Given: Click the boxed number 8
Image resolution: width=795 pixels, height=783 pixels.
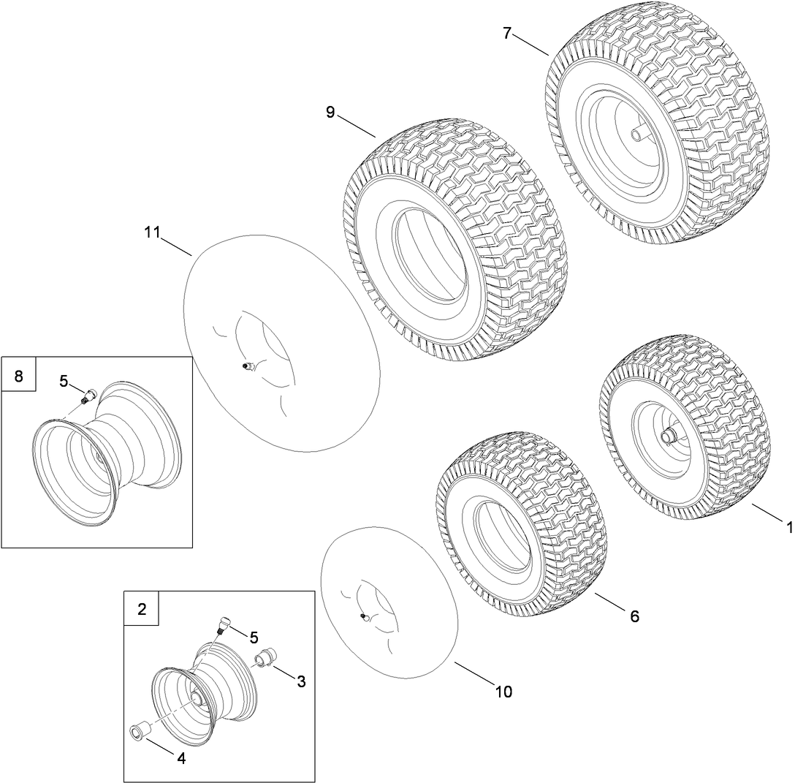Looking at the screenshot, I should (19, 376).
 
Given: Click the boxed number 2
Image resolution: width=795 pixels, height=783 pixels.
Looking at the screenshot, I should (142, 609).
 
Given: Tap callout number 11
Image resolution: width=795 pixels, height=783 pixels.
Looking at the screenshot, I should (152, 233).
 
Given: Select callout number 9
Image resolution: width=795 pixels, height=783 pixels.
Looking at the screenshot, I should (330, 113).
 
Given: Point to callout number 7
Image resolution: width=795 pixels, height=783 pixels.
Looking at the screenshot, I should (507, 33).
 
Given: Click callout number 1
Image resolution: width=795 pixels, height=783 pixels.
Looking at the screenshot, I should (788, 526).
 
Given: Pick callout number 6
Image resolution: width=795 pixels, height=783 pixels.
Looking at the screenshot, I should (634, 616).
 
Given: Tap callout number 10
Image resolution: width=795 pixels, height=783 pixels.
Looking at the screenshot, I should (503, 691).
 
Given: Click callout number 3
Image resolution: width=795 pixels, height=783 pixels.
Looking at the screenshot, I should (301, 681).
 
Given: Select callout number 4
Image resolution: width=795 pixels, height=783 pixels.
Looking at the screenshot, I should (180, 758).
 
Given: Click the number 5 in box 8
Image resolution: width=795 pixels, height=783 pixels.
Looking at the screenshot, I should (64, 380).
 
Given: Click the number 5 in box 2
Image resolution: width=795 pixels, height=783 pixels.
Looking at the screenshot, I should (254, 638).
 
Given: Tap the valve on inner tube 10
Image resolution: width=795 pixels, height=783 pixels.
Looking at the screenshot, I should (364, 618).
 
